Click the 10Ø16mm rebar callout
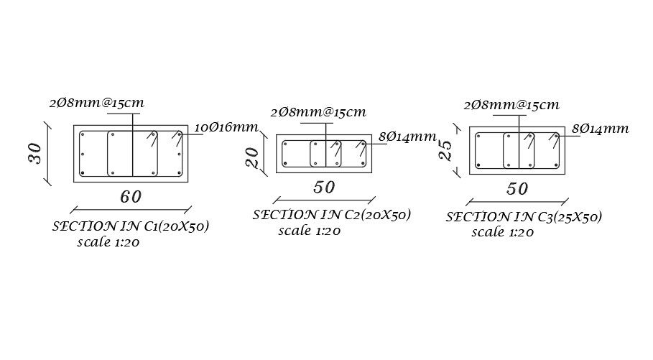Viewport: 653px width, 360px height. pyautogui.click(x=226, y=128)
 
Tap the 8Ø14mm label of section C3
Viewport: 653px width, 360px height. pyautogui.click(x=601, y=129)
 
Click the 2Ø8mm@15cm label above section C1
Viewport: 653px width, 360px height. pyautogui.click(x=97, y=103)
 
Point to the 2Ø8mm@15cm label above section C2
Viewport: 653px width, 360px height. pyautogui.click(x=318, y=112)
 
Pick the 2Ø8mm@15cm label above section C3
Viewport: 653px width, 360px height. pyautogui.click(x=511, y=105)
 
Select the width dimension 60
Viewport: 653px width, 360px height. pyautogui.click(x=130, y=195)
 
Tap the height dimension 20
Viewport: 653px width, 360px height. pyautogui.click(x=252, y=157)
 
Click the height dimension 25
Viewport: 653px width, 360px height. pyautogui.click(x=445, y=149)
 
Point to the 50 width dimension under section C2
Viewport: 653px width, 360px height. pyautogui.click(x=324, y=188)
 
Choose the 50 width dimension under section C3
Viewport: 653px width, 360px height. pyautogui.click(x=517, y=190)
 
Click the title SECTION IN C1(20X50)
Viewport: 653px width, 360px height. pyautogui.click(x=131, y=226)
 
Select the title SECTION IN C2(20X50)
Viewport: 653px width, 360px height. pyautogui.click(x=331, y=215)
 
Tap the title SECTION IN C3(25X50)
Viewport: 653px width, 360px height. pyautogui.click(x=524, y=216)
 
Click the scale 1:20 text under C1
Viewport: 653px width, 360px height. pyautogui.click(x=108, y=242)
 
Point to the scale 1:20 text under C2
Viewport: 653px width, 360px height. pyautogui.click(x=309, y=231)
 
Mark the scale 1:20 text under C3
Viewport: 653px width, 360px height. pyautogui.click(x=502, y=232)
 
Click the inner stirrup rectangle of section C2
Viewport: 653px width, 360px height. pyautogui.click(x=325, y=154)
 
